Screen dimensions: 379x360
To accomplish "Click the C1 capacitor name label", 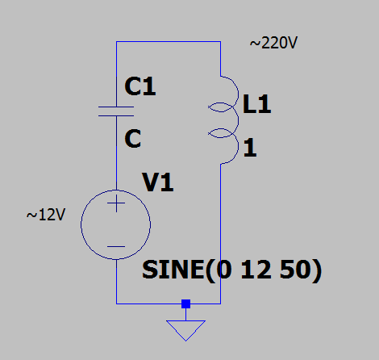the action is (140, 86).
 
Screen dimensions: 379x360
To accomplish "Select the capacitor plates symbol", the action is (116, 111).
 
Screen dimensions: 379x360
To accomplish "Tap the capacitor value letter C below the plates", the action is (133, 138).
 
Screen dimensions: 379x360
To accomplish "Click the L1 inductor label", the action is (256, 104).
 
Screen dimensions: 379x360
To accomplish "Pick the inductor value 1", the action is (250, 147).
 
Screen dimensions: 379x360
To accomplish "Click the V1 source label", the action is (157, 182).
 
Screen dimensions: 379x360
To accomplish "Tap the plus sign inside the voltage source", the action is (116, 203).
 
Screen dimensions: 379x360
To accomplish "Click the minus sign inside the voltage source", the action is (116, 246).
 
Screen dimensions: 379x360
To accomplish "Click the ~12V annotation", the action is (46, 215).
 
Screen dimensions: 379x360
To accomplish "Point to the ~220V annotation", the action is (273, 43).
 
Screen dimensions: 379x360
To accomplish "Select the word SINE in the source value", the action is (173, 270).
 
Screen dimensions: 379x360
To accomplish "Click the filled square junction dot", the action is (185, 303).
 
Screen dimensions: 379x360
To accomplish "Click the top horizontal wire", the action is (169, 41).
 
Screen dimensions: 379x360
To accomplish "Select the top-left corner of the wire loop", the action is (116, 41).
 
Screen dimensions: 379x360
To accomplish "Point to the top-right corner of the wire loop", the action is (221, 41).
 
